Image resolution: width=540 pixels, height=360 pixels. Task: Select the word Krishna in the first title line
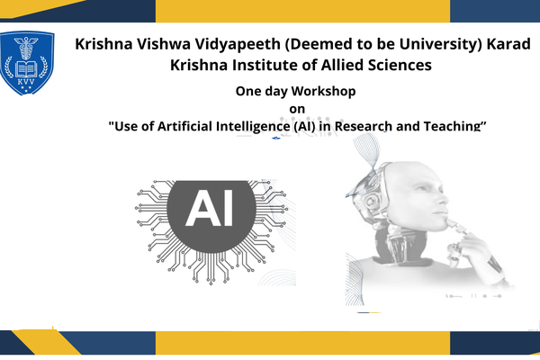pyautogui.click(x=105, y=43)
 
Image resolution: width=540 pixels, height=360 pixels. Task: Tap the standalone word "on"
pyautogui.click(x=297, y=109)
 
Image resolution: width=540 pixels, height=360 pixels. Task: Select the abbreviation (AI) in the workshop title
pyautogui.click(x=307, y=126)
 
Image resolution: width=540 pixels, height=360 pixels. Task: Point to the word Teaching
pyautogui.click(x=454, y=126)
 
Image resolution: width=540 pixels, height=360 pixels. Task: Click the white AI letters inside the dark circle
pyautogui.click(x=208, y=210)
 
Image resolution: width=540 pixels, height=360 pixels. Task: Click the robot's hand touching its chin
pyautogui.click(x=467, y=236)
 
